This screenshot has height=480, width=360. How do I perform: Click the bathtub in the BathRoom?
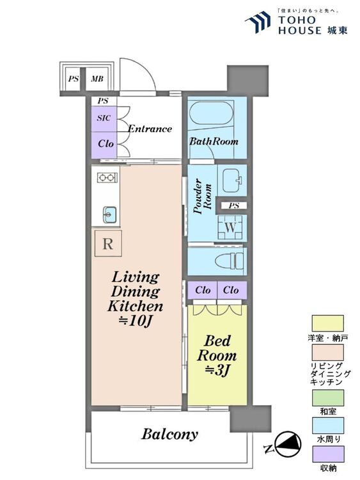[211, 113]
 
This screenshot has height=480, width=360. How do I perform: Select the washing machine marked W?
[230, 227]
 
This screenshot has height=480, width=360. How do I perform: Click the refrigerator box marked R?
[108, 243]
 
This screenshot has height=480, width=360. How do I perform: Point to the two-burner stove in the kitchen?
[107, 177]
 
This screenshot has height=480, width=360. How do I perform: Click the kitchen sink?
[110, 214]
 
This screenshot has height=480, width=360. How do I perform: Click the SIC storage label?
[104, 118]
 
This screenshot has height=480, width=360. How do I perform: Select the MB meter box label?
[97, 79]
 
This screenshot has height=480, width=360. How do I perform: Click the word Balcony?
[169, 435]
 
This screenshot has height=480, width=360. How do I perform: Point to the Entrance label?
[150, 129]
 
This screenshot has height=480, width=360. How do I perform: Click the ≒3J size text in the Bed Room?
[217, 371]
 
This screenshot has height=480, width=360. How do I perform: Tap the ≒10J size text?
[136, 321]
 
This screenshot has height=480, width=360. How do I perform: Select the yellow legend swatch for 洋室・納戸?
[327, 323]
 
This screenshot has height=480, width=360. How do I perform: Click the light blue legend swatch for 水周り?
[327, 426]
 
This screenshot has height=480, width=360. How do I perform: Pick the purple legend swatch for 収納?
[327, 454]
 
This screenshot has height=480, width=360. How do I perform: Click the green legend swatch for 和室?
[327, 397]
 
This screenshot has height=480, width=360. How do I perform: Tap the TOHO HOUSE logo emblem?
[258, 22]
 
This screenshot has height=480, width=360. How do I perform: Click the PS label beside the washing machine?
[233, 205]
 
